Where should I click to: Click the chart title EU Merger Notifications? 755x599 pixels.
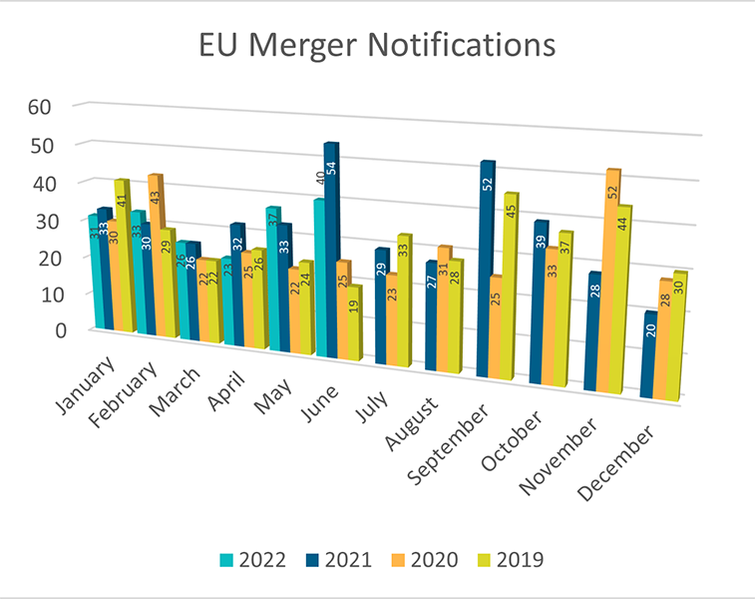[376, 46]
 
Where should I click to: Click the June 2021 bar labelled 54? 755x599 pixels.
[331, 250]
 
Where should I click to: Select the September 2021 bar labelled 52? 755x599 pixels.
[486, 270]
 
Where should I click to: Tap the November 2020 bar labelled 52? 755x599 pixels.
[612, 280]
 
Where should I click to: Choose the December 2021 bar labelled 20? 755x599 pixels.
[650, 354]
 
